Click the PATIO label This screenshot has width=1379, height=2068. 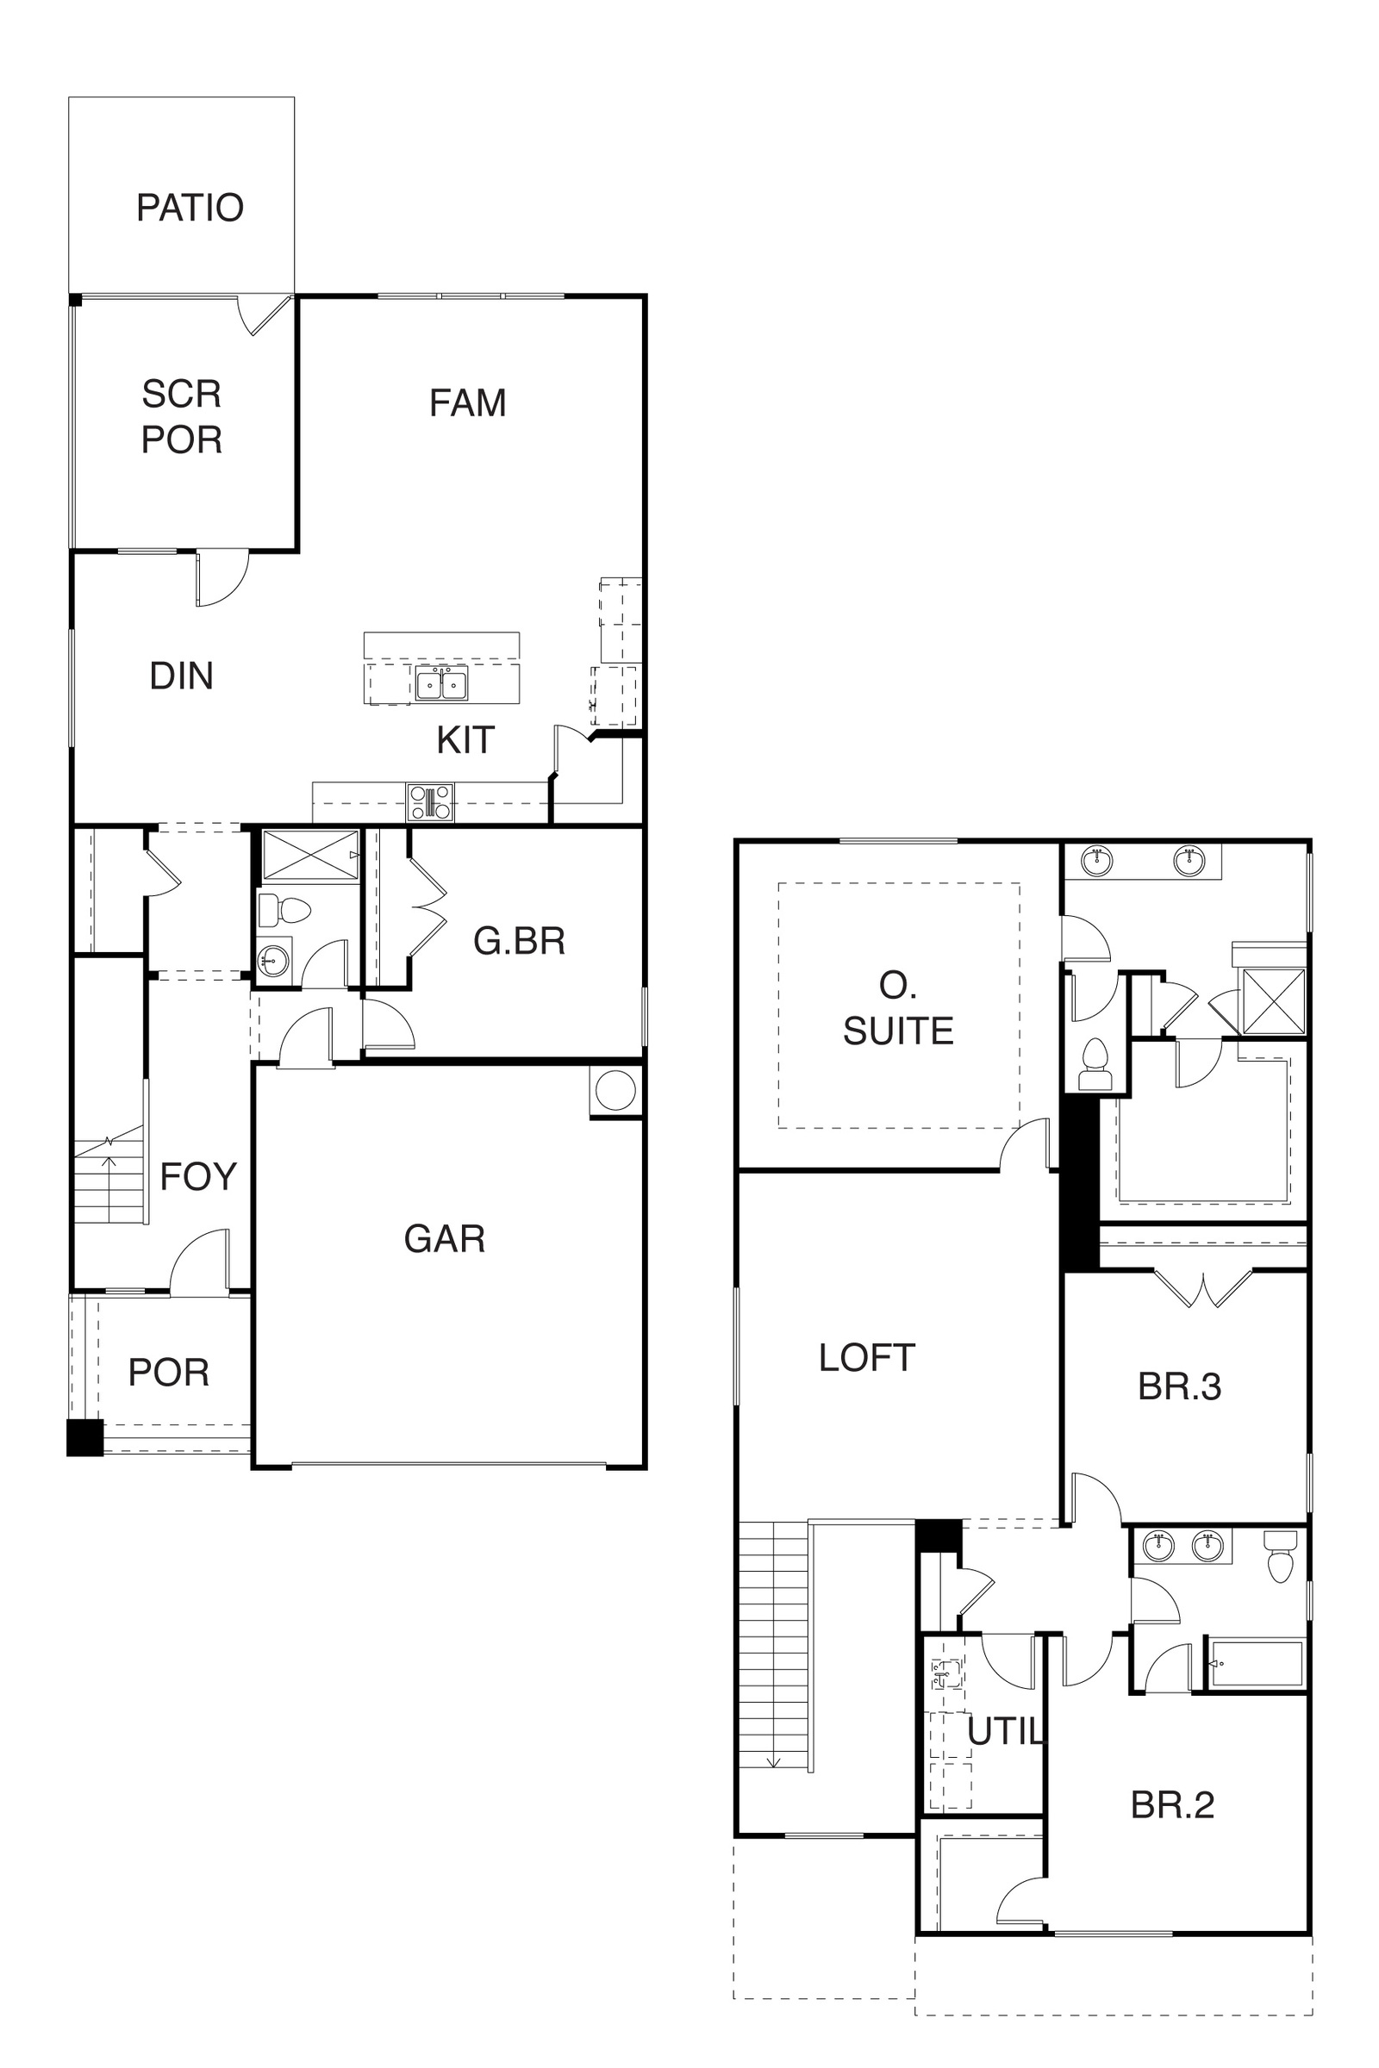(x=190, y=209)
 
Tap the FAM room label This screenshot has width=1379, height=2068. (x=467, y=403)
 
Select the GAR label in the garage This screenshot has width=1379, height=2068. (x=444, y=1239)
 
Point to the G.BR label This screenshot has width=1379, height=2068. (x=519, y=942)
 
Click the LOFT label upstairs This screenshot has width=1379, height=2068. (x=866, y=1358)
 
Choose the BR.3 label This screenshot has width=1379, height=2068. (x=1179, y=1386)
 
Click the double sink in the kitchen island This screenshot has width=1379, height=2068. (x=441, y=683)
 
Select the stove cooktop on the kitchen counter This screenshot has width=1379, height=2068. (x=430, y=802)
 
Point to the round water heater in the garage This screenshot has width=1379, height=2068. (x=615, y=1091)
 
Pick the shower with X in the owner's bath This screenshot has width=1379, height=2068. (x=1274, y=1001)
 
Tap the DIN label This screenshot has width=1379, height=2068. (x=181, y=676)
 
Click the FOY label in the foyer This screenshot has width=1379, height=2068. (x=198, y=1176)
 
